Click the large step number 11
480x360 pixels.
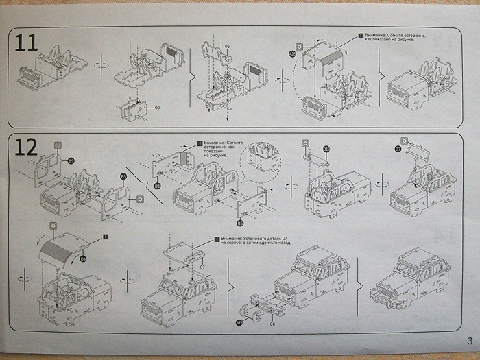point(27,43)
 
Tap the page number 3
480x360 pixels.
point(469,341)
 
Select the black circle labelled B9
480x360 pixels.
point(71,162)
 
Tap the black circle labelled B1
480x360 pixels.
point(158,185)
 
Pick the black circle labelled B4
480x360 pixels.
point(82,259)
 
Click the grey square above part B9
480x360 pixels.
point(58,145)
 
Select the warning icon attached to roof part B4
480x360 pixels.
point(106,237)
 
